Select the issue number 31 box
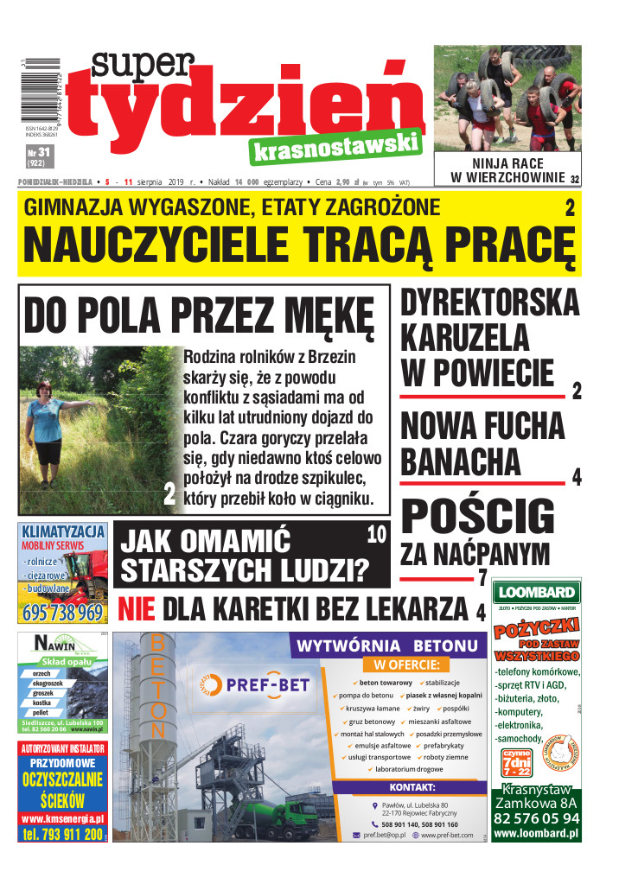35,156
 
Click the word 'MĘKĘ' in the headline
325,315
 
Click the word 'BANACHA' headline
460,461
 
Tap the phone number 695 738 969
61,613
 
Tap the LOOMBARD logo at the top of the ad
536,592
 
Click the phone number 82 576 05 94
536,818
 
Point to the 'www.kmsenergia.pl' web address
62,818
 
